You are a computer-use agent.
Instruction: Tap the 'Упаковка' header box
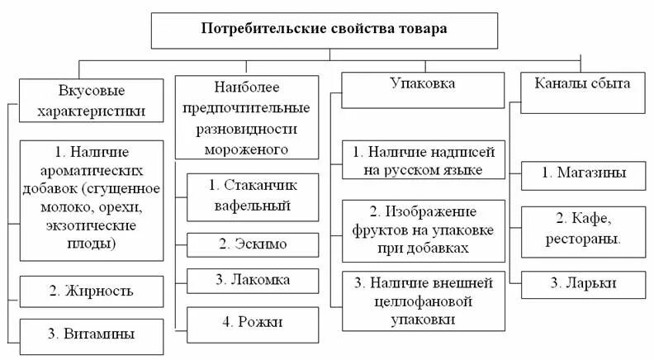[422, 89]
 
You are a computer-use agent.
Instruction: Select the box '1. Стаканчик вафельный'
[253, 196]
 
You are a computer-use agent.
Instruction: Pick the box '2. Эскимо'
[253, 244]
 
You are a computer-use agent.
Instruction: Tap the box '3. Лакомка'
[253, 280]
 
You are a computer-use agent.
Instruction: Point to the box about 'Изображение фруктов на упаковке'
[422, 225]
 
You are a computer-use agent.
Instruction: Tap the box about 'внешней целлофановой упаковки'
[422, 300]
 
